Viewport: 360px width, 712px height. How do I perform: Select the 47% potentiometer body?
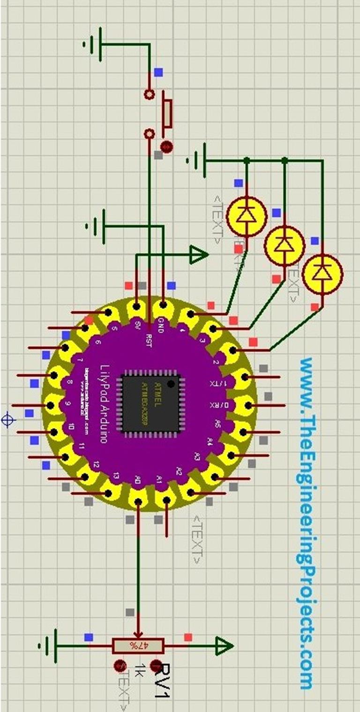[138, 646]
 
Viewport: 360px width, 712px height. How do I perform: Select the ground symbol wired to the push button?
[93, 44]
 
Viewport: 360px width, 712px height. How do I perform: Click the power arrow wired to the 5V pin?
[199, 255]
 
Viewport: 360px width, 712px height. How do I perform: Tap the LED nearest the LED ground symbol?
[247, 216]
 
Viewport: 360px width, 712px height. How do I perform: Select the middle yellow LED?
[284, 245]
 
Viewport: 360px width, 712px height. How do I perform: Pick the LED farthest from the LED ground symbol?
[322, 273]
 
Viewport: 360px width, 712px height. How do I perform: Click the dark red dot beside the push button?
[165, 147]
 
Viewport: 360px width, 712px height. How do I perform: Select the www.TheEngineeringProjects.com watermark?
[307, 523]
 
